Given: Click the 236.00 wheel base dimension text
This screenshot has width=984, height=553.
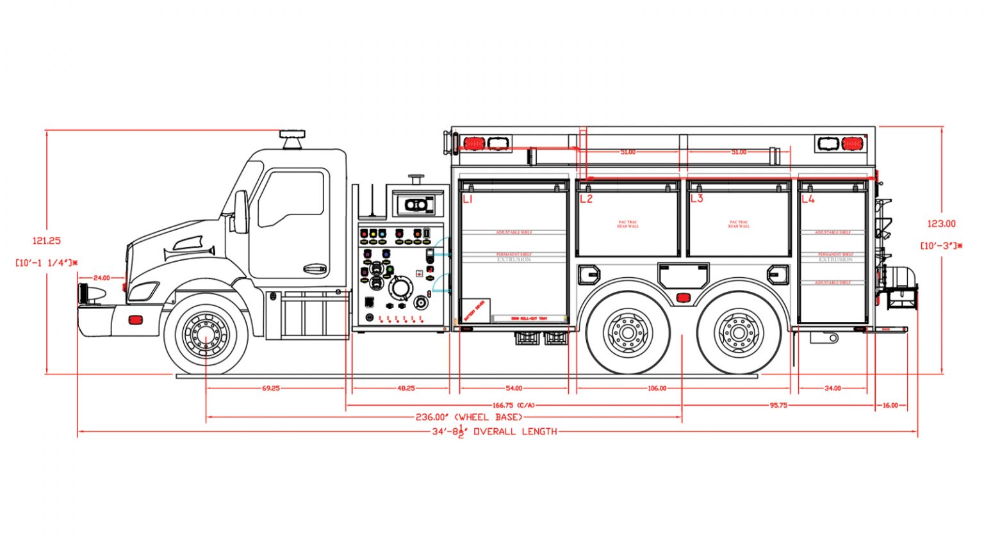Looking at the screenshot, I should coord(469,417).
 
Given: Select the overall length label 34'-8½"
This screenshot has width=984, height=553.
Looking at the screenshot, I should coord(494,431).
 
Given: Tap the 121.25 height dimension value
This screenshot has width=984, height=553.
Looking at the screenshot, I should coord(47,241).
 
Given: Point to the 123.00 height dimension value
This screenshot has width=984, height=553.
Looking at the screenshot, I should coord(941,223).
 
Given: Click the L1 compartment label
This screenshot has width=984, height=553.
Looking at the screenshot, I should coord(468,199).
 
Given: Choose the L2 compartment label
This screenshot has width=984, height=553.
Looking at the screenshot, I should coord(586,199).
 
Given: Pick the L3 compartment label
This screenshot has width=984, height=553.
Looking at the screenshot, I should coord(696,198).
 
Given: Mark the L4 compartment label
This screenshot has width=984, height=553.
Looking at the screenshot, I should coord(808,199).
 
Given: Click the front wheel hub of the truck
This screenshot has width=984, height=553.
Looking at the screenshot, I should coord(206,333).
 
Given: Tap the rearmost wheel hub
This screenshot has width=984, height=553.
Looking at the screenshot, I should coord(739,333).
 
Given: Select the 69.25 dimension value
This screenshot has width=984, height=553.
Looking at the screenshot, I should coord(271,388).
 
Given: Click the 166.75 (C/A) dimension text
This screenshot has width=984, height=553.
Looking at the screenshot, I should coord(513,405).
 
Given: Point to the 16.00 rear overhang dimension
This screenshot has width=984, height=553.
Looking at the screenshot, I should coord(890,405).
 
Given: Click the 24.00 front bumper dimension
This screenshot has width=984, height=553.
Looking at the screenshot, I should coord(101,278).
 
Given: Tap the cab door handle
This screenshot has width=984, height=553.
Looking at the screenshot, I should coord(315,269).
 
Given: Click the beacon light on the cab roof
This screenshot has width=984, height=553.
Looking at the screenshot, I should coord(292,139).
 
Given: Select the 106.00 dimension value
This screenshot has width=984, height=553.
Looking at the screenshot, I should coord(657,388).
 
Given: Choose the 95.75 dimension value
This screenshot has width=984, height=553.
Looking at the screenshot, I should coord(778,405).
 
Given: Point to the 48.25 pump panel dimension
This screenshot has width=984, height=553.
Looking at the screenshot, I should coord(406,388).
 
